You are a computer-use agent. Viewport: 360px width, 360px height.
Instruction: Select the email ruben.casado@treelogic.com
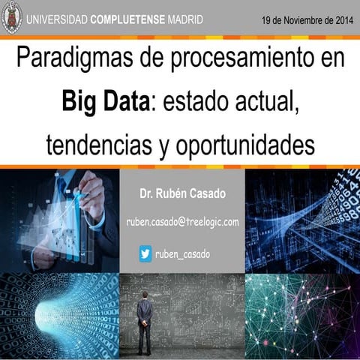coord(182,222)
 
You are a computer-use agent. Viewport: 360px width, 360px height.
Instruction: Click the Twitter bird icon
coord(145,253)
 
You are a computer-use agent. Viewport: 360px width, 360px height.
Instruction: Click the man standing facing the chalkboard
coord(144,319)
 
